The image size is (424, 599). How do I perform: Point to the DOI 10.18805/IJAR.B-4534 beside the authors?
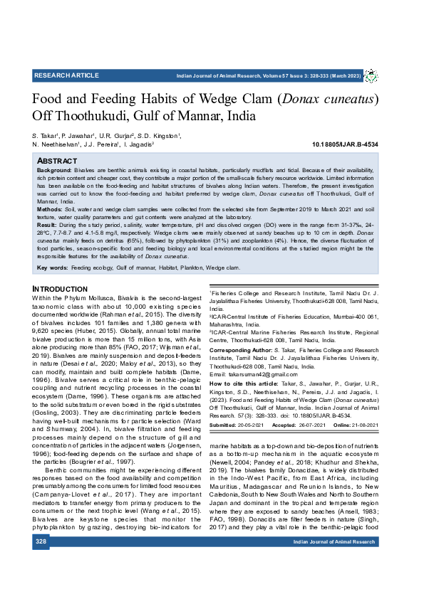click(345, 144)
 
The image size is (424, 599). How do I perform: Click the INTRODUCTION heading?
click(60, 289)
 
